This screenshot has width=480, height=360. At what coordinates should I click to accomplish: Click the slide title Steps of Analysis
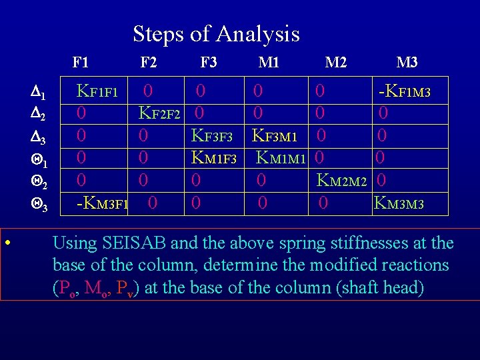[x=216, y=33]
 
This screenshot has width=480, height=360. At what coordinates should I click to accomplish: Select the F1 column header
[x=81, y=63]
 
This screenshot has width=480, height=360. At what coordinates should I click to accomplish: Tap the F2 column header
[x=149, y=63]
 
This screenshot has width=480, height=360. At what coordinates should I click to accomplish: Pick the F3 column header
[x=209, y=63]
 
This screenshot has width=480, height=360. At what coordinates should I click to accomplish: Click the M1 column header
[x=269, y=63]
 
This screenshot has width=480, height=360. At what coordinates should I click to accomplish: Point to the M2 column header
[x=335, y=63]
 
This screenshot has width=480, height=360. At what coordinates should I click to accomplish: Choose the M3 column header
[x=407, y=63]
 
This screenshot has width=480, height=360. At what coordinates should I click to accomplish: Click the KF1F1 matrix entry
[x=97, y=91]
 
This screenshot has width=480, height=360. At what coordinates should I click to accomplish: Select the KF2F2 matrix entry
[x=159, y=113]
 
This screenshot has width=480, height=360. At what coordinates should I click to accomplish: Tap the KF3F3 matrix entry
[x=211, y=136]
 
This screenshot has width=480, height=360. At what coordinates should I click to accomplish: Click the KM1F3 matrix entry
[x=214, y=159]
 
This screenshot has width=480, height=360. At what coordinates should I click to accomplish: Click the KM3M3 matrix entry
[x=399, y=203]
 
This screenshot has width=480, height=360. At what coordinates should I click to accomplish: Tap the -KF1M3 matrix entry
[x=404, y=91]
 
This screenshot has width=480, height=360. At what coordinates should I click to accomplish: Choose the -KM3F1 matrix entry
[x=103, y=203]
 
